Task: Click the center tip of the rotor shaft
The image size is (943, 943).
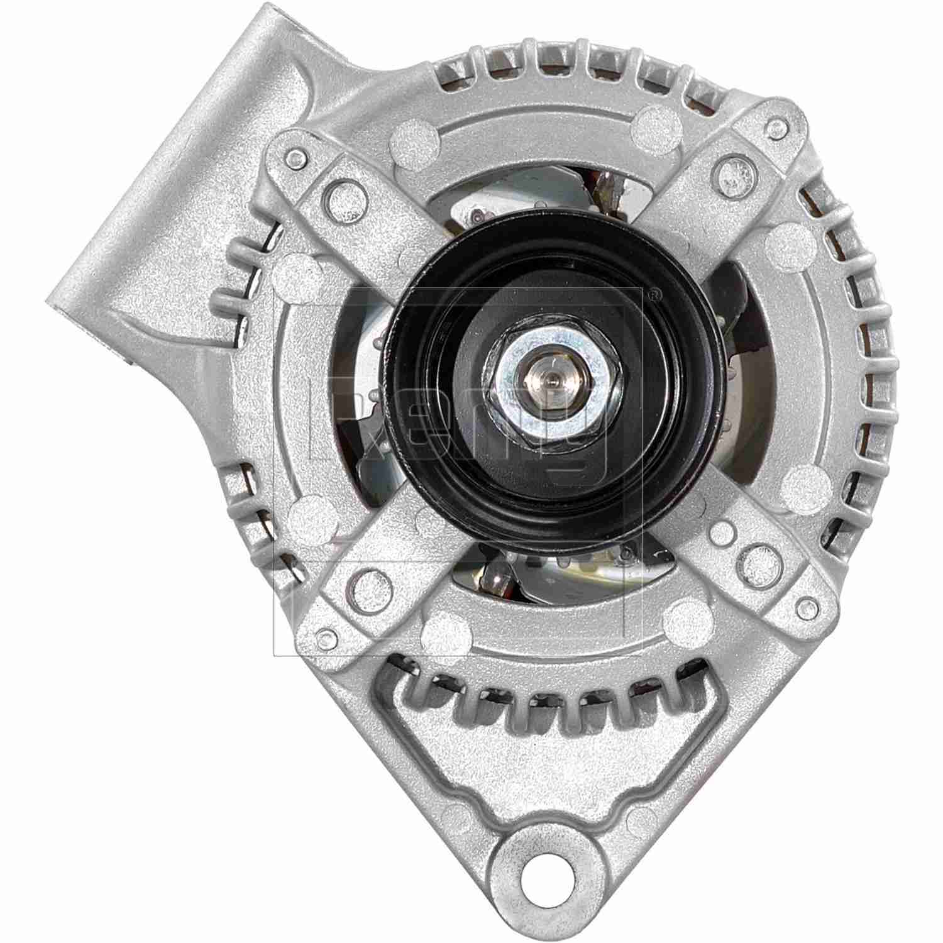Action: tap(549, 379)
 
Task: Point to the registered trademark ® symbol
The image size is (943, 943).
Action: tap(656, 293)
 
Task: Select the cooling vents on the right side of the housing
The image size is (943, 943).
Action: tap(861, 377)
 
